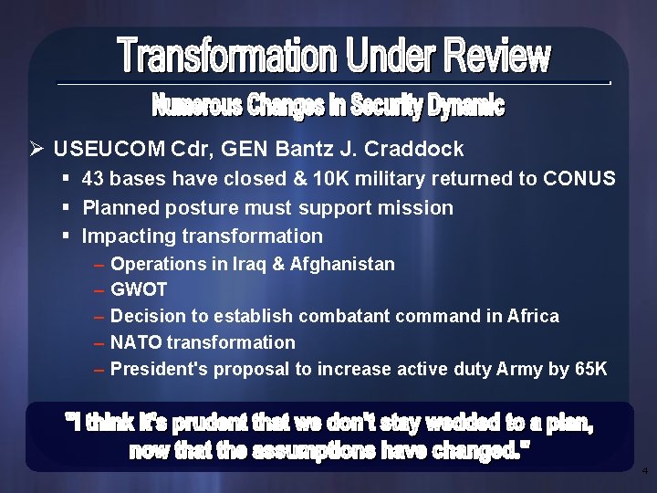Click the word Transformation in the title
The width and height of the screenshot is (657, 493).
(227, 58)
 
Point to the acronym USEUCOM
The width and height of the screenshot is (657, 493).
(101, 149)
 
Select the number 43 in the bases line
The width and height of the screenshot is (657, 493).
(94, 179)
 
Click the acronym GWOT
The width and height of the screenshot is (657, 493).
(139, 290)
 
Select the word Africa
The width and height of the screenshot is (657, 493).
(534, 316)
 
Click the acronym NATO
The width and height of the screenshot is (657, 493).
(136, 342)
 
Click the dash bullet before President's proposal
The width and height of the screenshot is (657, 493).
(98, 370)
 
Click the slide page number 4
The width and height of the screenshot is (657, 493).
(644, 472)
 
